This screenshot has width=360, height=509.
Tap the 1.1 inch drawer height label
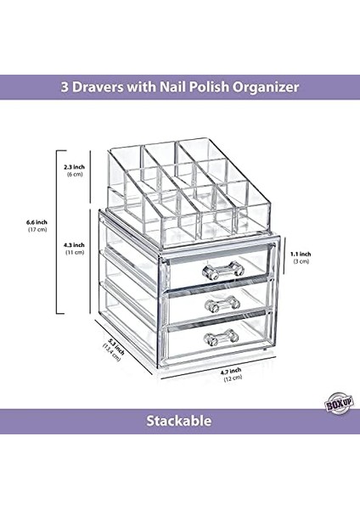point(300,254)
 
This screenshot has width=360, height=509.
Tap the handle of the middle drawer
point(217,303)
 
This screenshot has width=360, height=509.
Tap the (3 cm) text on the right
point(300,263)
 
